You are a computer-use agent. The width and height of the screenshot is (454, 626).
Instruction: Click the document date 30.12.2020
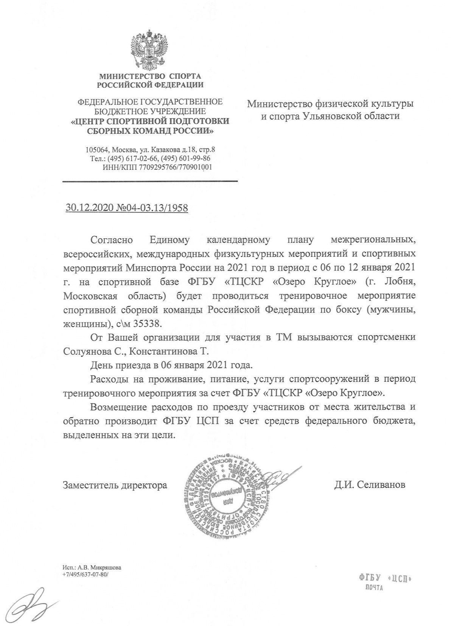(x=87, y=208)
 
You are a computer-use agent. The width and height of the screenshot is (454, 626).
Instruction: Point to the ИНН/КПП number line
(x=157, y=167)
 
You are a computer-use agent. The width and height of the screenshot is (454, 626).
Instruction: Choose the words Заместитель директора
(x=115, y=485)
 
